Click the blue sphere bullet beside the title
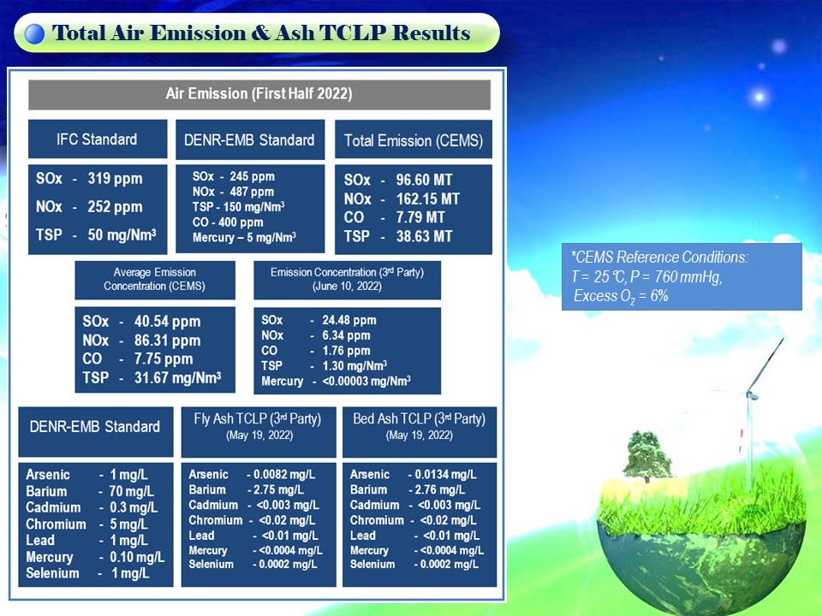(34, 33)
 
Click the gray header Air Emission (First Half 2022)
(259, 94)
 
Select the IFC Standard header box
(98, 139)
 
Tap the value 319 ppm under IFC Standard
(115, 179)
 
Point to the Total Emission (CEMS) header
(413, 139)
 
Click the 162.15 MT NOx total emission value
(428, 199)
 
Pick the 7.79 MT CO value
(420, 217)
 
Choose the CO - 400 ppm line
(228, 222)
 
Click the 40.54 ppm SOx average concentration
(167, 321)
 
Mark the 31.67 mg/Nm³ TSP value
(178, 377)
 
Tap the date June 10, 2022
(347, 287)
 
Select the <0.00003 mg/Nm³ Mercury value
(366, 382)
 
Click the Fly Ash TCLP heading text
(258, 419)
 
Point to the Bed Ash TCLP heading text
(419, 419)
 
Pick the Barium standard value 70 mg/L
(132, 491)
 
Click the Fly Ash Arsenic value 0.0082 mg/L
(284, 475)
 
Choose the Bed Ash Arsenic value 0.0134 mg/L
(445, 475)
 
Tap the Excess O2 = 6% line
(621, 297)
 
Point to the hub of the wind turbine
(751, 394)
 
